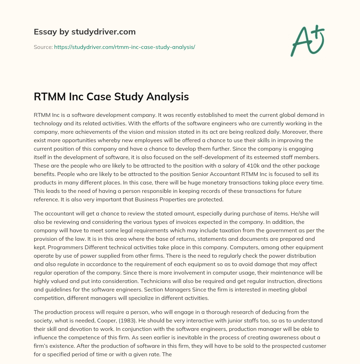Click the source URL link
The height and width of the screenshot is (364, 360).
[124, 47]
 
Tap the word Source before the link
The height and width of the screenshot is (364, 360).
[43, 47]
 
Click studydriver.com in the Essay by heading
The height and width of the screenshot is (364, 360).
[104, 32]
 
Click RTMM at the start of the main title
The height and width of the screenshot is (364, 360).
[47, 97]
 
